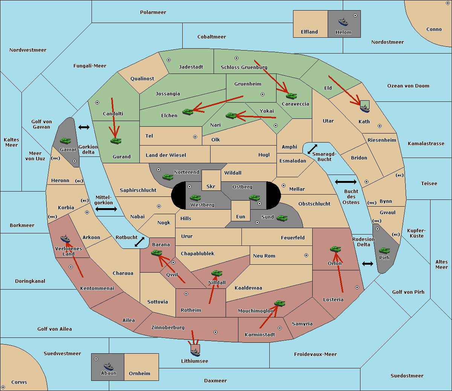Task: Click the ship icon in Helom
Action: (343, 22)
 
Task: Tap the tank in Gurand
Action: (116, 141)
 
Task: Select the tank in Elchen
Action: (188, 112)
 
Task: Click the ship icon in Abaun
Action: (108, 366)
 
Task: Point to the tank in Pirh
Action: (384, 250)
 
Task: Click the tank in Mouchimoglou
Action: (280, 304)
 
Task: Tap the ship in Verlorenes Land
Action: (65, 239)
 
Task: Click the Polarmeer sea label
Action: (153, 12)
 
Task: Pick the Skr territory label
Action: (211, 186)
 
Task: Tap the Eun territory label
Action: (241, 216)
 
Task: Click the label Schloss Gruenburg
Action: (244, 67)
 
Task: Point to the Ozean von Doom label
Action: (408, 86)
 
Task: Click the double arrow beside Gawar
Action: (84, 127)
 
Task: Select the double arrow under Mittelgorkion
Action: (106, 209)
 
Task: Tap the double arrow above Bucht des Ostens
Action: (346, 182)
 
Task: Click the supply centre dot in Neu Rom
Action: (306, 255)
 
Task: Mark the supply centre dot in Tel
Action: (195, 137)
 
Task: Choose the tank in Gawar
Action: (65, 141)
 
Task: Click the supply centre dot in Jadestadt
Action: (169, 60)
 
